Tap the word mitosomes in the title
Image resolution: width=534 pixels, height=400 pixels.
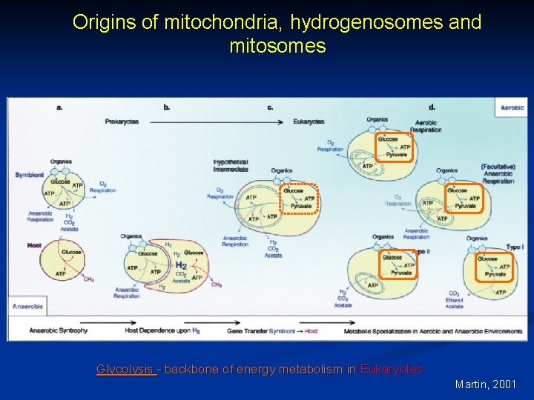click(277, 47)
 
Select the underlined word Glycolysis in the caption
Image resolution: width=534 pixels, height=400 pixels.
click(127, 369)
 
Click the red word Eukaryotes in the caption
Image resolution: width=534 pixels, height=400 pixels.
click(391, 369)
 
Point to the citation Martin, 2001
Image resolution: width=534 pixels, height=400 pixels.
click(486, 384)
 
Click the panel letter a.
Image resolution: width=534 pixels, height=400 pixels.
click(59, 107)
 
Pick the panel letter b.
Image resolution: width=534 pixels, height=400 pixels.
click(167, 107)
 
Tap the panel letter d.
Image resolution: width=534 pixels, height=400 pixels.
click(432, 107)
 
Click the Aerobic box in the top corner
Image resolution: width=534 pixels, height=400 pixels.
click(512, 107)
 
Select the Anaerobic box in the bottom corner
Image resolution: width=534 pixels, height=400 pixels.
click(29, 306)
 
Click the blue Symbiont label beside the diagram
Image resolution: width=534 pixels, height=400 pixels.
click(29, 176)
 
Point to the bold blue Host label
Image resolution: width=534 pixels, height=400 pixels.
click(34, 245)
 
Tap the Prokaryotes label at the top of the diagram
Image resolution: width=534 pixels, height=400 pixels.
click(122, 121)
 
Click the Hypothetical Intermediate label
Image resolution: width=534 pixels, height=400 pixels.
click(231, 165)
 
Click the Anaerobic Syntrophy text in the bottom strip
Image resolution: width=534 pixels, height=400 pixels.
click(59, 330)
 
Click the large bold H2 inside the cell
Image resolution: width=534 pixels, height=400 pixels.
click(181, 264)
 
